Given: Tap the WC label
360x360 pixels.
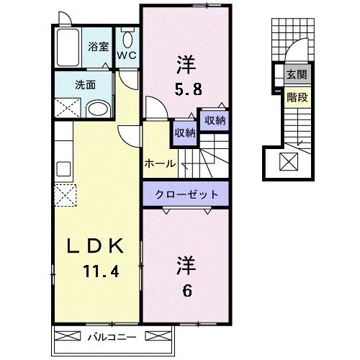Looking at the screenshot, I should click(x=127, y=55).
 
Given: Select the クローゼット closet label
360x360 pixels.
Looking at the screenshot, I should click(x=186, y=194).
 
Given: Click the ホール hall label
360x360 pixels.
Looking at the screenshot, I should click(x=159, y=163).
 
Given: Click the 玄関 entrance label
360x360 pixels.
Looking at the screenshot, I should click(x=296, y=75).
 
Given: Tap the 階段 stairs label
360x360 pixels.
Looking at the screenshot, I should click(x=296, y=96).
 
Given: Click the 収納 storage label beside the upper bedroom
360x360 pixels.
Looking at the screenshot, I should click(x=213, y=120).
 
